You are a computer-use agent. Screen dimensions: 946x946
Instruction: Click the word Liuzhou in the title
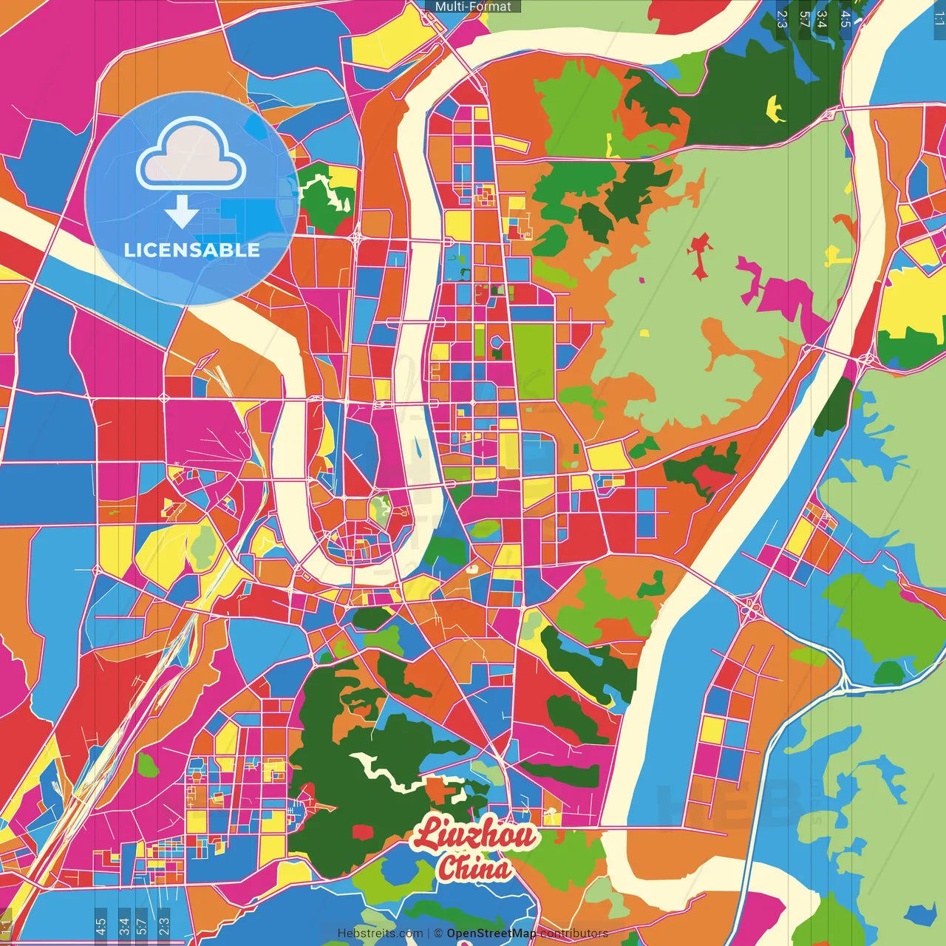click(474, 834)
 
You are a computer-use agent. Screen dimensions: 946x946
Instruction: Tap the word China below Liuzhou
click(474, 868)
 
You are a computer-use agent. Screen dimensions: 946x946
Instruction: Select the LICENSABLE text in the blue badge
click(192, 250)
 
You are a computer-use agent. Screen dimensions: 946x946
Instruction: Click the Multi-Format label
click(473, 7)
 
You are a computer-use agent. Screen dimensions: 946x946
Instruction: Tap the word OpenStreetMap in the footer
click(491, 933)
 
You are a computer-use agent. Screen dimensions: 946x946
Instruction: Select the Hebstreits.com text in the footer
click(380, 933)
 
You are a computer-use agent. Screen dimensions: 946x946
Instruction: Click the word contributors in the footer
click(574, 933)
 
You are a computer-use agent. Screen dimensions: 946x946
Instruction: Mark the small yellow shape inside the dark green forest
click(775, 109)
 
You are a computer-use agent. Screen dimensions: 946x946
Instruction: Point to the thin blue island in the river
click(418, 447)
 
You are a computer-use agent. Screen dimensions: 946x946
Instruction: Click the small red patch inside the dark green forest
click(363, 832)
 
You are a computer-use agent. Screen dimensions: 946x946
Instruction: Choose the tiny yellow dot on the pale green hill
click(644, 333)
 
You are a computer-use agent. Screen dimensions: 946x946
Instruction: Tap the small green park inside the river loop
click(381, 509)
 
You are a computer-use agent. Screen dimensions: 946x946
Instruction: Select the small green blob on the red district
click(147, 766)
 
